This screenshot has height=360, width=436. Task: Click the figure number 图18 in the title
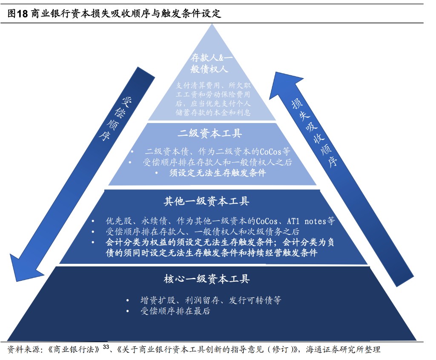[x=18, y=14]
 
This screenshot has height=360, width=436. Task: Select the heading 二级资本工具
[x=210, y=133]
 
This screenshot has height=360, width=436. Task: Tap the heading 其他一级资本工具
[x=207, y=201]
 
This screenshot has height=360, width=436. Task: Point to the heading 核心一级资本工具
[x=207, y=279]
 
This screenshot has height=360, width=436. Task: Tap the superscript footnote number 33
[x=106, y=346]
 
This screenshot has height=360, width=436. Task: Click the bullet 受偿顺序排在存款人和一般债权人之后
[x=217, y=162]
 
